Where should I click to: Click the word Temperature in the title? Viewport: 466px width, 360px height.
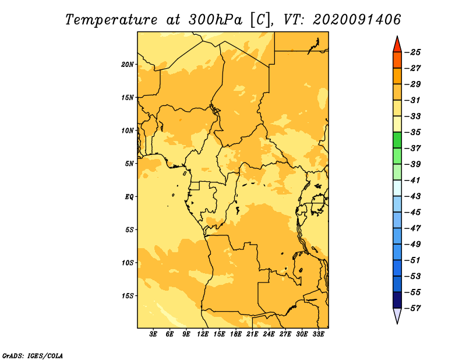point(111,20)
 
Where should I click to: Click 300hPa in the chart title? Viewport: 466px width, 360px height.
point(215,20)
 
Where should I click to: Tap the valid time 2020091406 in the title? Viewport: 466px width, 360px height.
point(356,20)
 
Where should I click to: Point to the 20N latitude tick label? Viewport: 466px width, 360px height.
point(128,65)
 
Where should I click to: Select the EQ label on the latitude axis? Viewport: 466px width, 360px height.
point(129,197)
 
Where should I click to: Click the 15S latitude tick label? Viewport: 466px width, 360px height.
point(128,296)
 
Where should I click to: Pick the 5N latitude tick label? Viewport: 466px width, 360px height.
point(129,164)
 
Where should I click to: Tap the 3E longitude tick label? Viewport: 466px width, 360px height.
point(153,334)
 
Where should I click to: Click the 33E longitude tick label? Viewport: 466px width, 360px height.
point(318,334)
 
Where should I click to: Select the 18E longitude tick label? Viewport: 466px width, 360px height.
point(236,334)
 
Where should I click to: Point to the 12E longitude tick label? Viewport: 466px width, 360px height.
point(203,334)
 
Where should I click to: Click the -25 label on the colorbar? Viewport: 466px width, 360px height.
point(413,52)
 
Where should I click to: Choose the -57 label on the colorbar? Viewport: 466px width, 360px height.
point(413,308)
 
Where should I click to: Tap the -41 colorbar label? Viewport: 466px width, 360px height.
point(413,181)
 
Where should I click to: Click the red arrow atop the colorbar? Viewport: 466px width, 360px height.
point(397,45)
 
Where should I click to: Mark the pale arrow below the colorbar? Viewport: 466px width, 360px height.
point(397,315)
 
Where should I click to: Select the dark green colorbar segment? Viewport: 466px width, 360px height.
point(397,140)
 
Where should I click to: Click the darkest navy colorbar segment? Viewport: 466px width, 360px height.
point(397,300)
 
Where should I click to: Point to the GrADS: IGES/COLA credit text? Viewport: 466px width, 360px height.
point(33,356)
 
